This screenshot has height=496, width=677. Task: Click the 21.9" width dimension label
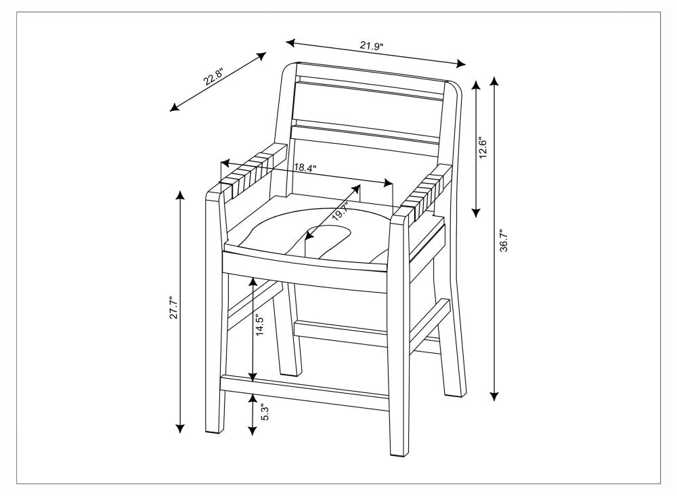(x=371, y=46)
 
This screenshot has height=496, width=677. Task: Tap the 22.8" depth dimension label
(x=213, y=77)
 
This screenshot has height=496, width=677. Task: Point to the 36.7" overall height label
(x=504, y=241)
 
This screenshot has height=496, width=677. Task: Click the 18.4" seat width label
(x=305, y=168)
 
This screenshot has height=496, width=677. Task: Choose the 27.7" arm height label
(x=173, y=308)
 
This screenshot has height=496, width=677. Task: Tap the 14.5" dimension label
(x=259, y=325)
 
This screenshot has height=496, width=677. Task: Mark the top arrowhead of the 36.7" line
(x=495, y=81)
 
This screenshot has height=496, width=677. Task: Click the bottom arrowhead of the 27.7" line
(x=180, y=429)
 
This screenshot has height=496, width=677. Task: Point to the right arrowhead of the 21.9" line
(x=462, y=64)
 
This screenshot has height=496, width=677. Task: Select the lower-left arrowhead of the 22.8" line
(x=175, y=108)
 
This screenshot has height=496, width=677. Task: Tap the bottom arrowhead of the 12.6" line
(x=476, y=212)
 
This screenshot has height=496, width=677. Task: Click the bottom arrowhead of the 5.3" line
(x=253, y=431)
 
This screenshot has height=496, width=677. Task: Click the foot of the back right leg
(x=456, y=391)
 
